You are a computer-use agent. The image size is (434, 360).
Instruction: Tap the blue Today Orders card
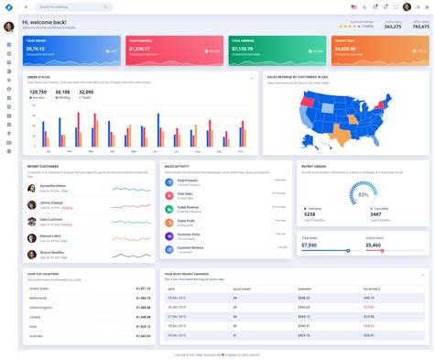(71, 50)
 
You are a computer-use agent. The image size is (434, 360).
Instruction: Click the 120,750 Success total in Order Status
(38, 92)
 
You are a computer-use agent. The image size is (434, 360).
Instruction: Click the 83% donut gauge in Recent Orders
(363, 194)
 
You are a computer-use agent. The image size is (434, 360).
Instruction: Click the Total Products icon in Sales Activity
(169, 181)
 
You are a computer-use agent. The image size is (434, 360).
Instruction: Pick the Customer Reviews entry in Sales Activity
(191, 247)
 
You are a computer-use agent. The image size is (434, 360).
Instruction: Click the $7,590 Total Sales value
(309, 245)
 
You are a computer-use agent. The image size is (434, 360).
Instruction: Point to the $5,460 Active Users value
(374, 245)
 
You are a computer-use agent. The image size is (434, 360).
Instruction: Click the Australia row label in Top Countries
(37, 335)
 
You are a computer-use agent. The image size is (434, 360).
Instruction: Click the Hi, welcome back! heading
(44, 22)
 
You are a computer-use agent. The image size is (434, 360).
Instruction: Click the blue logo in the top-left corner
(8, 7)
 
